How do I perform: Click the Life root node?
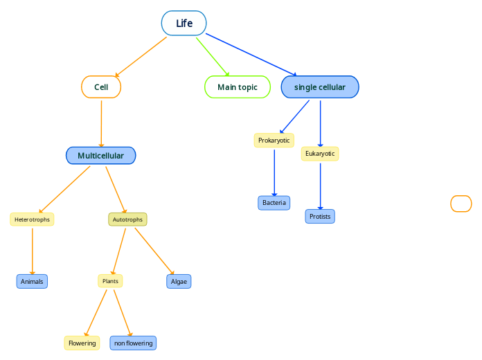click(184, 23)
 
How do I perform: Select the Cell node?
click(101, 87)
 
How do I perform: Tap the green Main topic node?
click(238, 87)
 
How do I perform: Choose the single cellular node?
click(320, 87)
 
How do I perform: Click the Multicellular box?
click(101, 156)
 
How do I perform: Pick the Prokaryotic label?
click(274, 141)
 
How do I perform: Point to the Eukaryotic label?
click(320, 154)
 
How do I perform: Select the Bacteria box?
click(274, 203)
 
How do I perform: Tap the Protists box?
click(320, 217)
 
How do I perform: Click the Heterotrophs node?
click(32, 219)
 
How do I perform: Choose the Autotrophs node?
click(127, 219)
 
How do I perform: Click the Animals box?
click(32, 282)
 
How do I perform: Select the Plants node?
click(110, 281)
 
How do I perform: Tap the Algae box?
click(179, 282)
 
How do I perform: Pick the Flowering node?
click(82, 343)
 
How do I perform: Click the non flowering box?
click(133, 343)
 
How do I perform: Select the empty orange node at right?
click(461, 204)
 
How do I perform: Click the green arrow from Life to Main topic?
click(212, 55)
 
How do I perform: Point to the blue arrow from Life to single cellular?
click(251, 54)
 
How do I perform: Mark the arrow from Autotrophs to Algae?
click(154, 251)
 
